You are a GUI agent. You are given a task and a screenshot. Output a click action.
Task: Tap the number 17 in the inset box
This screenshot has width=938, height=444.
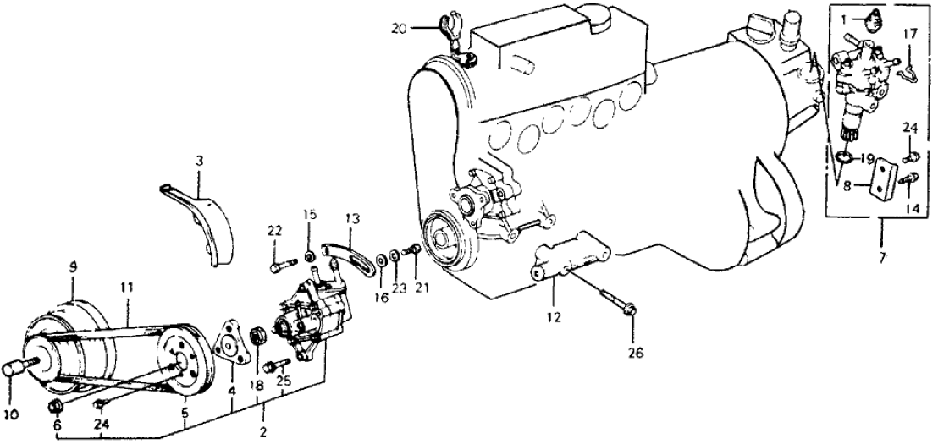(908, 35)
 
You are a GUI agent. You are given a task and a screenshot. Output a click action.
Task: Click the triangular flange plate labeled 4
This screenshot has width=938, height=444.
(228, 349)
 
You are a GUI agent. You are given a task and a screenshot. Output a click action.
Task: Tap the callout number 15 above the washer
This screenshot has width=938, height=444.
(311, 215)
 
